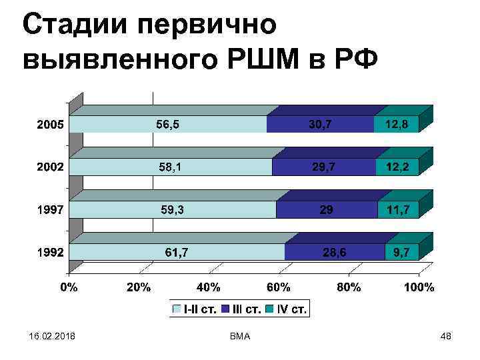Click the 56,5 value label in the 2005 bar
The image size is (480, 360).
(x=167, y=124)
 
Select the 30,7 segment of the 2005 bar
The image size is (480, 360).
(x=321, y=124)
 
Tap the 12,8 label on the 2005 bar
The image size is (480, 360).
(x=396, y=124)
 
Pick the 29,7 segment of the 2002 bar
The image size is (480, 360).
(x=323, y=167)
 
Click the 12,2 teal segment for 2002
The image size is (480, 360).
(x=397, y=167)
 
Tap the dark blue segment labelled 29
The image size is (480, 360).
(x=326, y=209)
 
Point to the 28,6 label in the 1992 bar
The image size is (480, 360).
(x=334, y=252)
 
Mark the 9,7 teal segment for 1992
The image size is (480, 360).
(x=402, y=252)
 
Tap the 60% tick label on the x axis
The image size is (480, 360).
(x=279, y=288)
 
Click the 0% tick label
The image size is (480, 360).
(x=69, y=288)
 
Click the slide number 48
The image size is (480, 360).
(x=447, y=337)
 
